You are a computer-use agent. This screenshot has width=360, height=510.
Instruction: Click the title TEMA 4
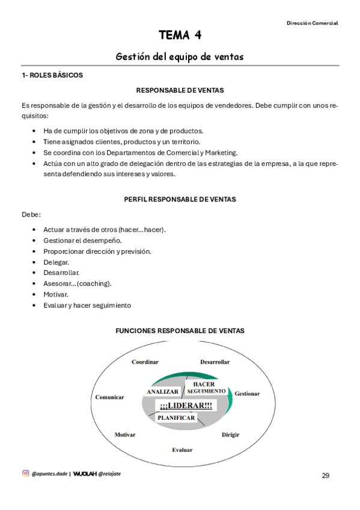(x=180, y=35)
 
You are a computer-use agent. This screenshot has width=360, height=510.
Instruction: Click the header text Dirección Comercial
(x=312, y=23)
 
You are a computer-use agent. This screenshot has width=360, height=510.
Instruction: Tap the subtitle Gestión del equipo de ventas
(x=180, y=57)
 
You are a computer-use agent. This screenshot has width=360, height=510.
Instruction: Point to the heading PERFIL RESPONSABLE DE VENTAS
(x=180, y=199)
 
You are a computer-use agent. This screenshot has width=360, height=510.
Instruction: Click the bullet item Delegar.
(x=56, y=262)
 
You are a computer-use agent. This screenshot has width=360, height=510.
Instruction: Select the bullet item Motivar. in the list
(x=56, y=295)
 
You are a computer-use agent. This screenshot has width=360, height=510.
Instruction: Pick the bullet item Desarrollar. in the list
(x=61, y=273)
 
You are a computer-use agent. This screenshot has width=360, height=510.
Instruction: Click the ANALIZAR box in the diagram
(x=163, y=392)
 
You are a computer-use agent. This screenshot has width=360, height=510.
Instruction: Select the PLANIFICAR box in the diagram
(x=176, y=417)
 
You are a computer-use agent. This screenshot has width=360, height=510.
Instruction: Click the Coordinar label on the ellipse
(x=145, y=361)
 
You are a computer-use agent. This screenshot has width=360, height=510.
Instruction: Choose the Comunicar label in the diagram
(x=109, y=397)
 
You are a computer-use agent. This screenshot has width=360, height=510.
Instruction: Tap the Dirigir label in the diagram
(x=231, y=434)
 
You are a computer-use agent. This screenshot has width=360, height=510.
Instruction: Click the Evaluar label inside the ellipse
(x=182, y=450)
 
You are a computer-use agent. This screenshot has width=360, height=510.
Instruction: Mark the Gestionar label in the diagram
(x=247, y=393)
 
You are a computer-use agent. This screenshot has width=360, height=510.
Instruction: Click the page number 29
(x=325, y=476)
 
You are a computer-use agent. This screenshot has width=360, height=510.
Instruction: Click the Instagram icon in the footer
(x=26, y=473)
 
